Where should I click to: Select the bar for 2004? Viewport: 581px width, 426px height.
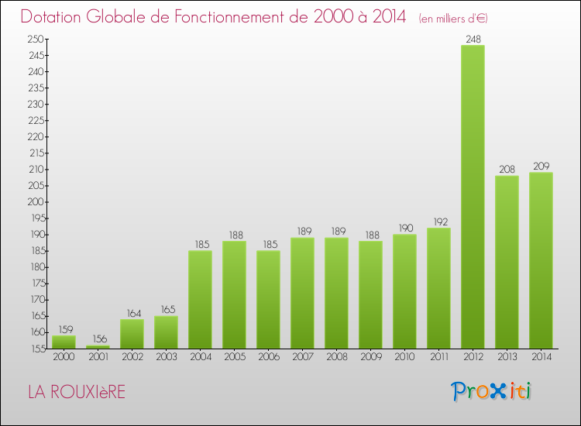[x=200, y=299]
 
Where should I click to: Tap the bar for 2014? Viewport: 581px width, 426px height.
[x=541, y=260]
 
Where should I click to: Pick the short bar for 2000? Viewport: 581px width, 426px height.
[x=64, y=342]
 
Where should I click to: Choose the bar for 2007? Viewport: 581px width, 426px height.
[x=302, y=293]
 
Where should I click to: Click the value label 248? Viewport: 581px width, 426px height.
[x=473, y=38]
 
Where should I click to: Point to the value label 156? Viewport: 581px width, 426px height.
[x=98, y=338]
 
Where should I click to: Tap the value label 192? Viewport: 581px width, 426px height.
[x=438, y=221]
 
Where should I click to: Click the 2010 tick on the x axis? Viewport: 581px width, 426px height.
[x=404, y=356]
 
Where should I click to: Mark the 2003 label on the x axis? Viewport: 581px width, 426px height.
[x=166, y=356]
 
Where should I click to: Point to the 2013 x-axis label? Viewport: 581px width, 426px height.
[x=507, y=356]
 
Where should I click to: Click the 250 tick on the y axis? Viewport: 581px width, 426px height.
[x=36, y=39]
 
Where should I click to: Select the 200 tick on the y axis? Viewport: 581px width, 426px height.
[x=36, y=201]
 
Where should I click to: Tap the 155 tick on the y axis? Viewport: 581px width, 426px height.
[x=36, y=349]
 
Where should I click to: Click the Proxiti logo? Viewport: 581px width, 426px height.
[x=491, y=391]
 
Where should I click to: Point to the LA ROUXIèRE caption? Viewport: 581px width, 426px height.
[x=76, y=392]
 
